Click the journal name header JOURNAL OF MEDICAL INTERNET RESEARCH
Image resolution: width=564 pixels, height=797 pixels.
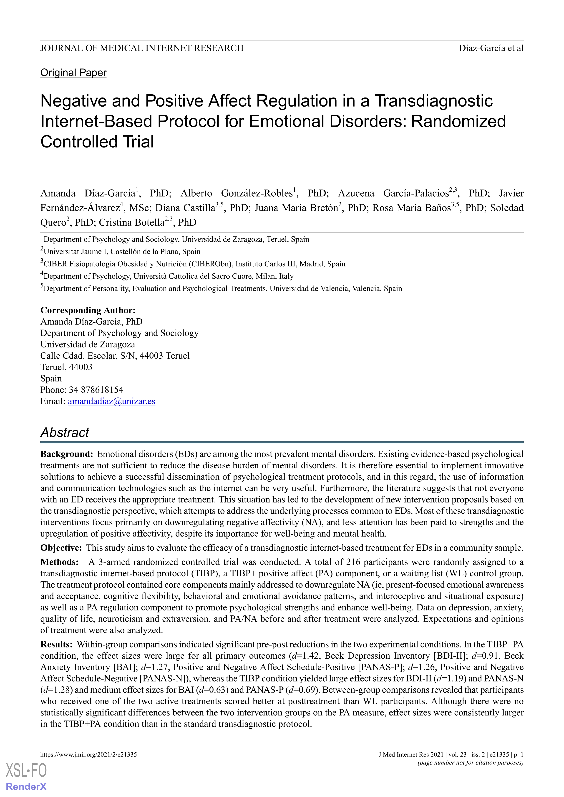pos(142,48)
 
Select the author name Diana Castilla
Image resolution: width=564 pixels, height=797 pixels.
pos(185,208)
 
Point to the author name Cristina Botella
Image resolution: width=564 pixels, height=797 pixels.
pos(131,222)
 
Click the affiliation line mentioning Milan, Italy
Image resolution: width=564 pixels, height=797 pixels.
pos(167,276)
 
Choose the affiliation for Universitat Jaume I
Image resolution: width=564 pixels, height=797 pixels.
pos(120,252)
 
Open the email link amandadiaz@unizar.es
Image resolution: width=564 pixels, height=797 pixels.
pos(111,401)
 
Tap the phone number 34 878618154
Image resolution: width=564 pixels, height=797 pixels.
pos(96,390)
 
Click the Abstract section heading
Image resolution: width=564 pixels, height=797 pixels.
pos(65,432)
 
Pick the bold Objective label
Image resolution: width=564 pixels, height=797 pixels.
pos(61,548)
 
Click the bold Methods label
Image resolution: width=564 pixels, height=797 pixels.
pos(59,562)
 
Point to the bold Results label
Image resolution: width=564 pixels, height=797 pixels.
pos(56,644)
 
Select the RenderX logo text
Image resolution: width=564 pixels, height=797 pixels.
pos(26,787)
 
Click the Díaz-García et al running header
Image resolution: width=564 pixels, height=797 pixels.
pos(491,48)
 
